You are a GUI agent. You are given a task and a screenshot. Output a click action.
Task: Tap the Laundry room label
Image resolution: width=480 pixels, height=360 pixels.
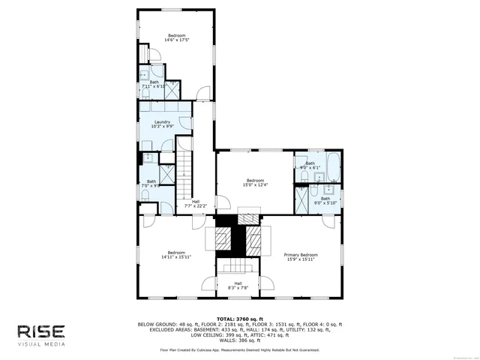(x=162, y=124)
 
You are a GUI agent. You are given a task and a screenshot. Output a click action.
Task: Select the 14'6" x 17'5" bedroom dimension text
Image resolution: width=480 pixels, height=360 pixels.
(x=176, y=40)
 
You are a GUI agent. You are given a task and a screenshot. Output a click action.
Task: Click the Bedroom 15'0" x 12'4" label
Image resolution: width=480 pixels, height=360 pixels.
(x=255, y=182)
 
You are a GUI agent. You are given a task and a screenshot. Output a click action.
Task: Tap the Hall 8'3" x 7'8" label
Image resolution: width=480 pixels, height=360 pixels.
(x=238, y=285)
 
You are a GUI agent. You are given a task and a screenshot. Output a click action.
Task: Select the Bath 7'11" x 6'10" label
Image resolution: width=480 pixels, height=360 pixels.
(x=154, y=85)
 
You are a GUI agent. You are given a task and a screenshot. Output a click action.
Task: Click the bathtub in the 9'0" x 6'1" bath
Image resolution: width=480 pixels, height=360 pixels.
(x=331, y=163)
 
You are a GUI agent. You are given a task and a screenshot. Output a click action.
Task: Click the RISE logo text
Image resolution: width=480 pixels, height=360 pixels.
(x=42, y=331)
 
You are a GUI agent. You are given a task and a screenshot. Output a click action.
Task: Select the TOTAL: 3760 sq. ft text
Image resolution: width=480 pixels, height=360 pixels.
(x=239, y=319)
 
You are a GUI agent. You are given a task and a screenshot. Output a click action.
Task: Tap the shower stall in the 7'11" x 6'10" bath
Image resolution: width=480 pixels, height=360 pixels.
(x=170, y=89)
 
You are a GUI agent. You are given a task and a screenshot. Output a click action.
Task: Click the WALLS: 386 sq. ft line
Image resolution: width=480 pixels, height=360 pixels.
(x=239, y=340)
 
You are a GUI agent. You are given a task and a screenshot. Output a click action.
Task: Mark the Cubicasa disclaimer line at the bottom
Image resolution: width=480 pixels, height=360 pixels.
(x=239, y=349)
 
